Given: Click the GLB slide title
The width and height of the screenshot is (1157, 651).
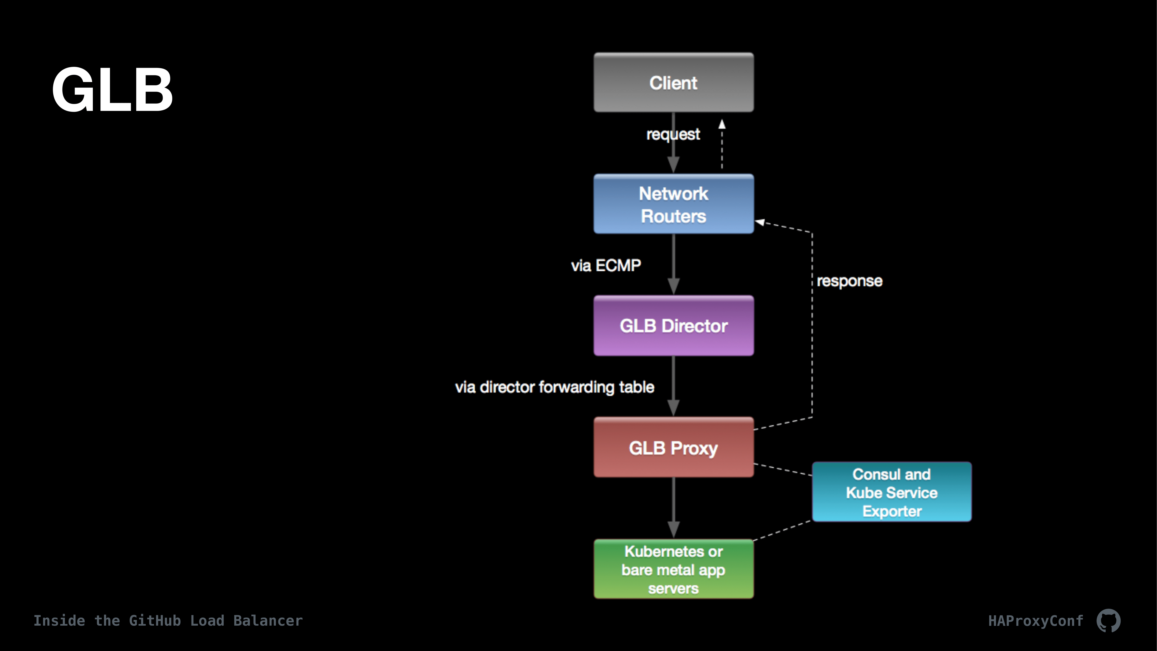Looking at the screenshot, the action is pos(112,89).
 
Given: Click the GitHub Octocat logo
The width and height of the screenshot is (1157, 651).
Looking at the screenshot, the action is pos(1108,620).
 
